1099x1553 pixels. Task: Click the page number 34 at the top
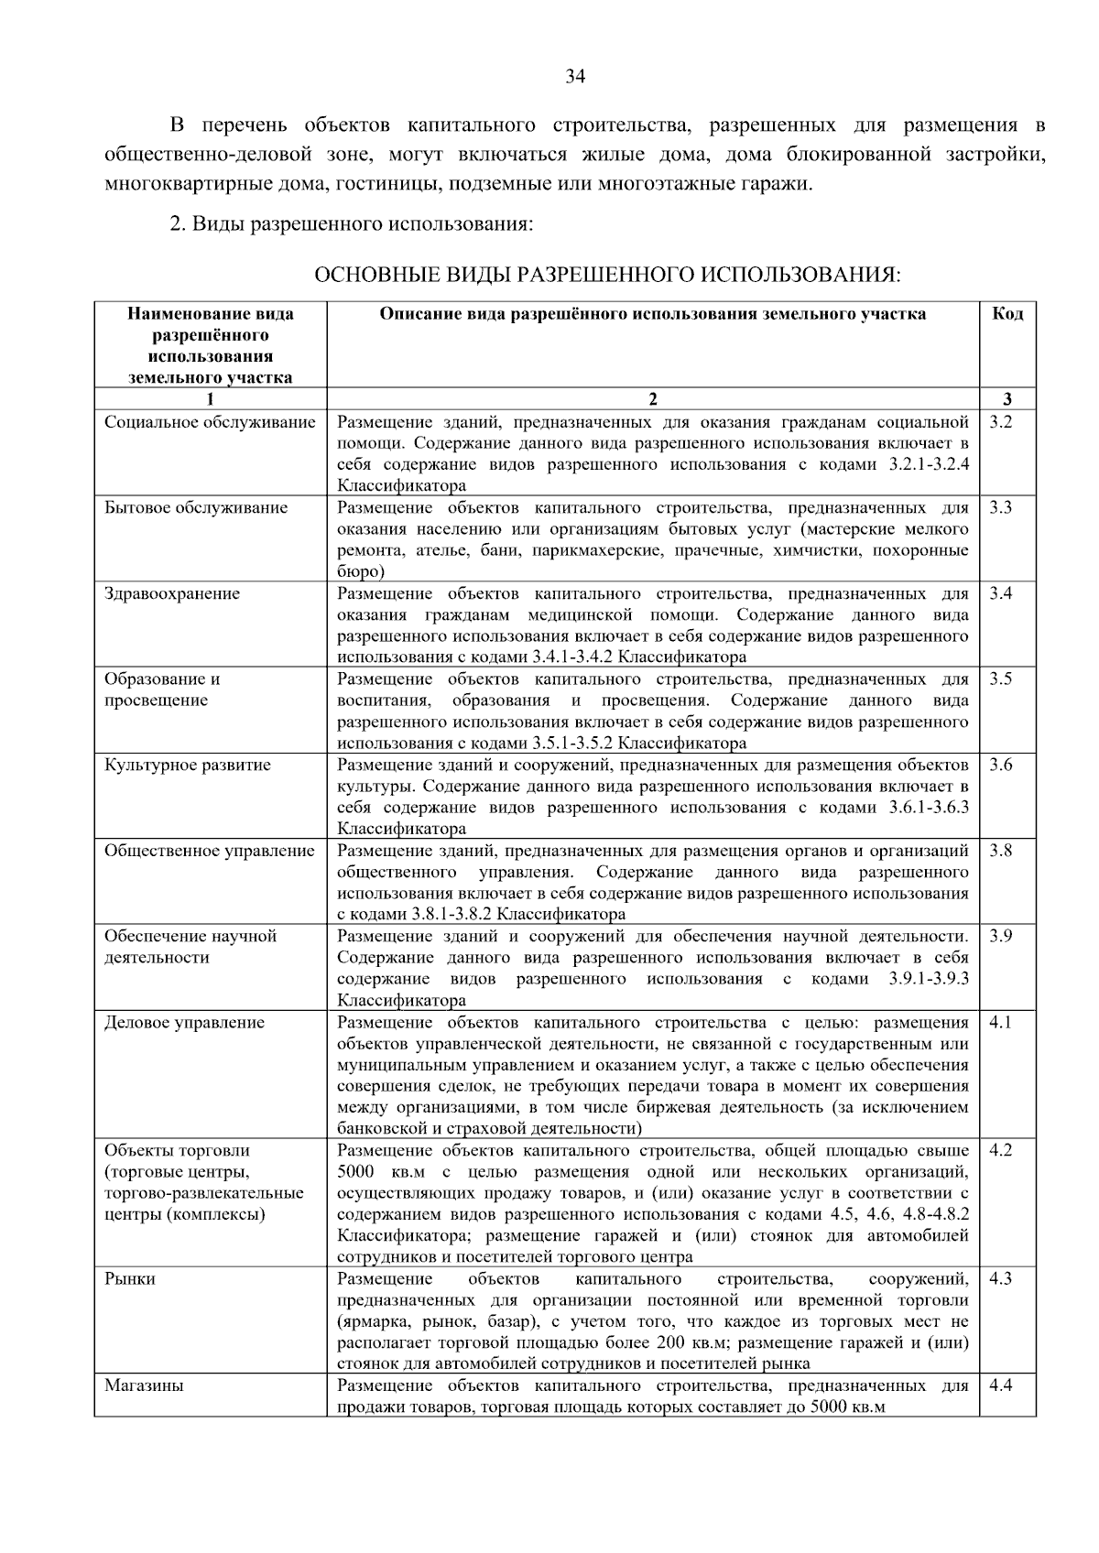point(575,76)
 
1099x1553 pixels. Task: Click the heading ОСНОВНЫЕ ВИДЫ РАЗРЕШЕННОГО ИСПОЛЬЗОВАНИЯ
point(607,275)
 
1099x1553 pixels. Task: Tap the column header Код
point(1007,314)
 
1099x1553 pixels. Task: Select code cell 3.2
point(1000,422)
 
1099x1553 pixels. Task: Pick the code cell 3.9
point(1000,937)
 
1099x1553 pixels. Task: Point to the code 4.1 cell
point(1000,1023)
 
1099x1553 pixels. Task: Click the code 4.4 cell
point(1000,1385)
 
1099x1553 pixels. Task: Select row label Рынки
point(130,1279)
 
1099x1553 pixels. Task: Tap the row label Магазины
point(144,1385)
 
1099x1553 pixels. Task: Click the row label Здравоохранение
point(172,593)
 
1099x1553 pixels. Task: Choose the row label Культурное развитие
point(188,766)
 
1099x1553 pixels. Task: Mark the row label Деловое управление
point(184,1023)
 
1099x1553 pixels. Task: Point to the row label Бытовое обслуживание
point(196,508)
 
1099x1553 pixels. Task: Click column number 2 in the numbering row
point(652,399)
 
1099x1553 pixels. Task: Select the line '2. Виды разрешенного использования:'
point(352,224)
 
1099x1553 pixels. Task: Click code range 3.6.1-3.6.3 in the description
point(928,808)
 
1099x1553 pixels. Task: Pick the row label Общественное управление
point(209,851)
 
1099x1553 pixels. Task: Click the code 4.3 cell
point(1000,1279)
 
